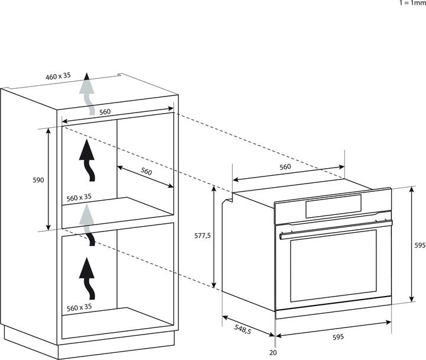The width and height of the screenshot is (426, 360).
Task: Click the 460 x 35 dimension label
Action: (x=58, y=76)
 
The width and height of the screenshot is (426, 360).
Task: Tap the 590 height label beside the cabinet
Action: (x=38, y=180)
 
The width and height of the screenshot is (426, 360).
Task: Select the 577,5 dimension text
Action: (x=202, y=236)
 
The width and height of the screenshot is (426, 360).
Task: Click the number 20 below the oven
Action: (x=273, y=353)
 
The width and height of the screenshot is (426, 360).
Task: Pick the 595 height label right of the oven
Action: (x=420, y=245)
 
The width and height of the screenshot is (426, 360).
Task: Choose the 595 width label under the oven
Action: (x=338, y=337)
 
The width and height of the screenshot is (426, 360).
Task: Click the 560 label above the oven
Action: (x=285, y=166)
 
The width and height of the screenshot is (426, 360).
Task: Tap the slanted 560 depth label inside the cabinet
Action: (x=146, y=171)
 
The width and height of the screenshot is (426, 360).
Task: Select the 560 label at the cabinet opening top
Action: (x=105, y=112)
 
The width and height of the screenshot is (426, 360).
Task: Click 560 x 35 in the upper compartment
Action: (x=79, y=198)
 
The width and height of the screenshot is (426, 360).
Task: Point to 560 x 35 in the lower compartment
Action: (x=79, y=307)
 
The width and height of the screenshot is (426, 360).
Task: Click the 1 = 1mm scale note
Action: (x=412, y=3)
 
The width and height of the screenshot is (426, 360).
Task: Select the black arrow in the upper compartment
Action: (x=87, y=160)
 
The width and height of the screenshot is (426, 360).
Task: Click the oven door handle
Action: (x=336, y=229)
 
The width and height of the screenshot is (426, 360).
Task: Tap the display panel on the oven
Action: (x=333, y=207)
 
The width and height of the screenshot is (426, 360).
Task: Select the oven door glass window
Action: (x=333, y=266)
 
